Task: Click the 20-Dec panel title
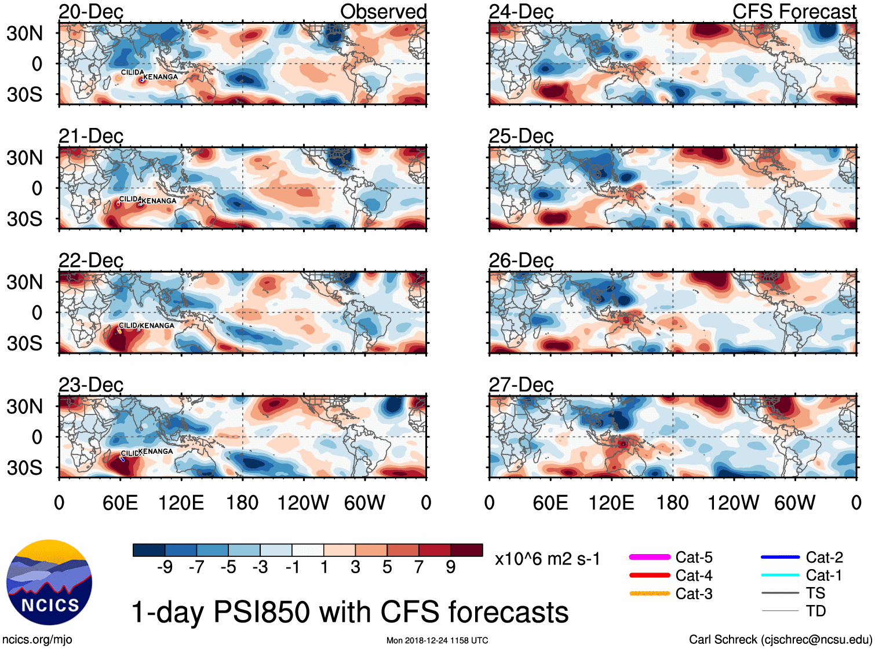click(x=91, y=12)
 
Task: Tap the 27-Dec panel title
click(x=521, y=385)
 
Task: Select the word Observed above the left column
click(x=383, y=12)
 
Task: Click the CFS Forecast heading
click(x=794, y=12)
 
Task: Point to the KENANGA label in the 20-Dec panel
click(x=161, y=77)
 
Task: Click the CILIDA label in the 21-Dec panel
click(x=130, y=199)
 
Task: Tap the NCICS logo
click(x=49, y=582)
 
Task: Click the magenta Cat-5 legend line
click(x=650, y=557)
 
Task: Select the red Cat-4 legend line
click(x=650, y=575)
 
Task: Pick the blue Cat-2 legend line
click(x=780, y=557)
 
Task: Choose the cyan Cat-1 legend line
click(x=780, y=575)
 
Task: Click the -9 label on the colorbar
click(x=165, y=567)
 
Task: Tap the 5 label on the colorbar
click(x=387, y=567)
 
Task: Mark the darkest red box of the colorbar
click(x=466, y=550)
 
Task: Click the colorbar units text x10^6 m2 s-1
click(x=547, y=559)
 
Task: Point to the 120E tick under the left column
click(x=181, y=503)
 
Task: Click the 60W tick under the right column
click(x=794, y=503)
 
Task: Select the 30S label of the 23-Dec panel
click(x=25, y=468)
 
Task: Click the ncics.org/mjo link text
click(x=37, y=640)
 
